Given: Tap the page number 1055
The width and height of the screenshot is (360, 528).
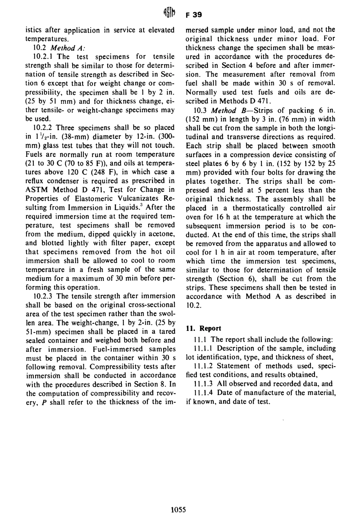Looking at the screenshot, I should (x=178, y=510).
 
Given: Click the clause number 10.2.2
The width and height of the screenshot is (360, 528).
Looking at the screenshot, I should (x=43, y=128).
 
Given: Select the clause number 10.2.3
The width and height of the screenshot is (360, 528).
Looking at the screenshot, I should (x=43, y=296).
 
